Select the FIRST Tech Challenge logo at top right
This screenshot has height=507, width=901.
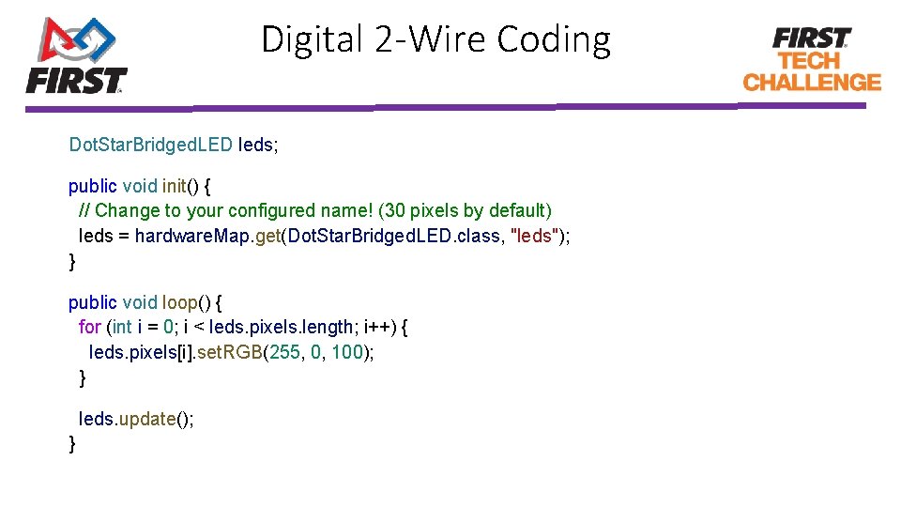click(812, 58)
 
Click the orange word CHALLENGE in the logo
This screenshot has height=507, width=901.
click(812, 82)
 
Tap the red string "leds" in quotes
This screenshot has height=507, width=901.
click(534, 236)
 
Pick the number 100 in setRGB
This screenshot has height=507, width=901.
click(346, 353)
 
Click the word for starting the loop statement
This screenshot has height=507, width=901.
click(89, 328)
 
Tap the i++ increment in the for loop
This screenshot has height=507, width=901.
click(375, 328)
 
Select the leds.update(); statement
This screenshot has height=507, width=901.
click(136, 419)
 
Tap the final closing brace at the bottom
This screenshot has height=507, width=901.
click(72, 443)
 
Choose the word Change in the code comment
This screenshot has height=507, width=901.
click(127, 210)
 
